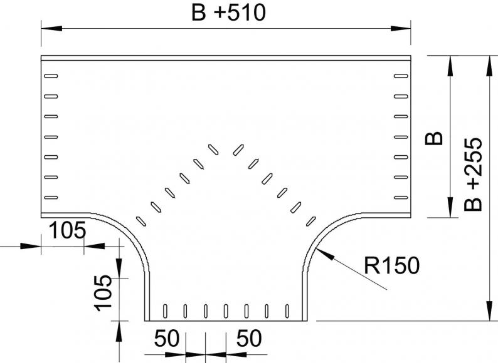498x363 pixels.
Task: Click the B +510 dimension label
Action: click(228, 13)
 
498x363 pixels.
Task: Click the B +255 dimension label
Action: click(473, 175)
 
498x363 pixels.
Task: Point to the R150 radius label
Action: click(391, 265)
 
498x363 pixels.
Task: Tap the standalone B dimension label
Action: click(434, 138)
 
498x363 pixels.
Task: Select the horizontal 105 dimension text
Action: click(68, 230)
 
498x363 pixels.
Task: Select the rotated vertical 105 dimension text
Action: click(103, 294)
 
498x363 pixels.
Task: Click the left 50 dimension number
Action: click(167, 338)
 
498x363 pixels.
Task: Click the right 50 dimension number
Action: click(249, 338)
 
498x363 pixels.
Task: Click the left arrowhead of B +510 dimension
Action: click(51, 29)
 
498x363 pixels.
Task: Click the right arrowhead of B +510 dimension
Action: click(401, 29)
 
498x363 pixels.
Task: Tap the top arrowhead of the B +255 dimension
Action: click(489, 66)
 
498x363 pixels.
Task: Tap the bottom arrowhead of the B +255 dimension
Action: click(489, 310)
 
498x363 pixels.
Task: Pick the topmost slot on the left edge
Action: click(51, 76)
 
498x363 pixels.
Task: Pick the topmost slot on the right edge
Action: click(401, 76)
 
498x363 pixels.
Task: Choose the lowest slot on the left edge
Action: click(51, 198)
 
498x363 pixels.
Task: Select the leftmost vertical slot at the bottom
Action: click(165, 311)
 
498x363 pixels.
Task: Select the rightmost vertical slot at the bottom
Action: click(287, 311)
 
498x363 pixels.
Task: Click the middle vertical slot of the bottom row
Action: click(226, 311)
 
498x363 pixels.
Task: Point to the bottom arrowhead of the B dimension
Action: click(450, 207)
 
